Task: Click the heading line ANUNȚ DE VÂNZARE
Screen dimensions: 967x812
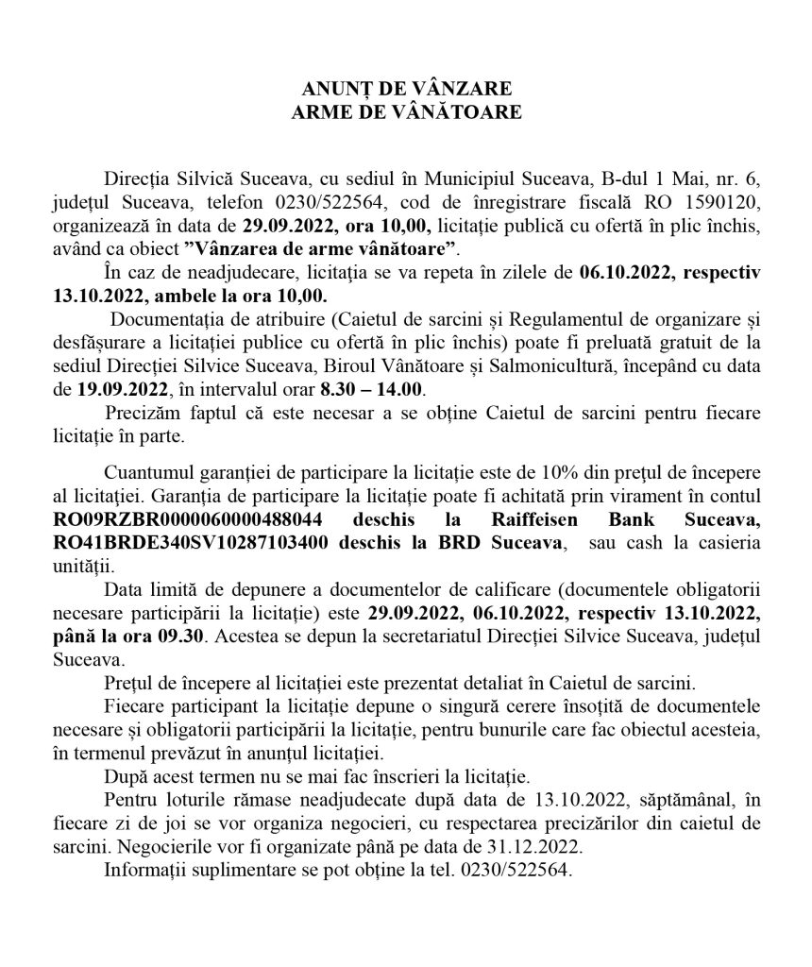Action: (x=406, y=89)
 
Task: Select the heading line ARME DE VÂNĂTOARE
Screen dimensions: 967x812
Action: (x=406, y=111)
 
